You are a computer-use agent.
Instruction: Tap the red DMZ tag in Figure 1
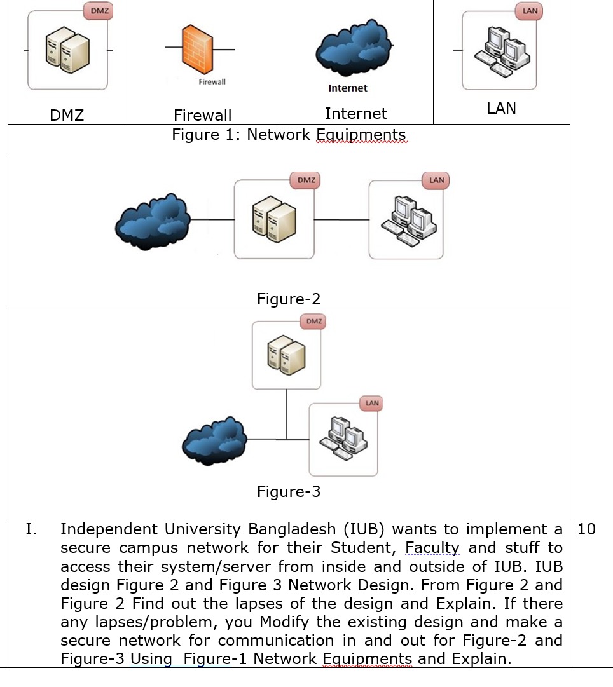click(98, 11)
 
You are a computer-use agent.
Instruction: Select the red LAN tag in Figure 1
click(530, 11)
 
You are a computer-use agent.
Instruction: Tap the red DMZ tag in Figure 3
click(313, 322)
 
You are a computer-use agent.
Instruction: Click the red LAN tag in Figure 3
click(372, 403)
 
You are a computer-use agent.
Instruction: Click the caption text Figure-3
click(289, 491)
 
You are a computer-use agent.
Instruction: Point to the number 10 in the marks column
click(587, 529)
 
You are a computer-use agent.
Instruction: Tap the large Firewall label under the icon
click(203, 115)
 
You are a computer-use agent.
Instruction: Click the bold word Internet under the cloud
click(348, 88)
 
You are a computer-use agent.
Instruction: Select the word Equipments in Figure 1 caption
click(361, 135)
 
